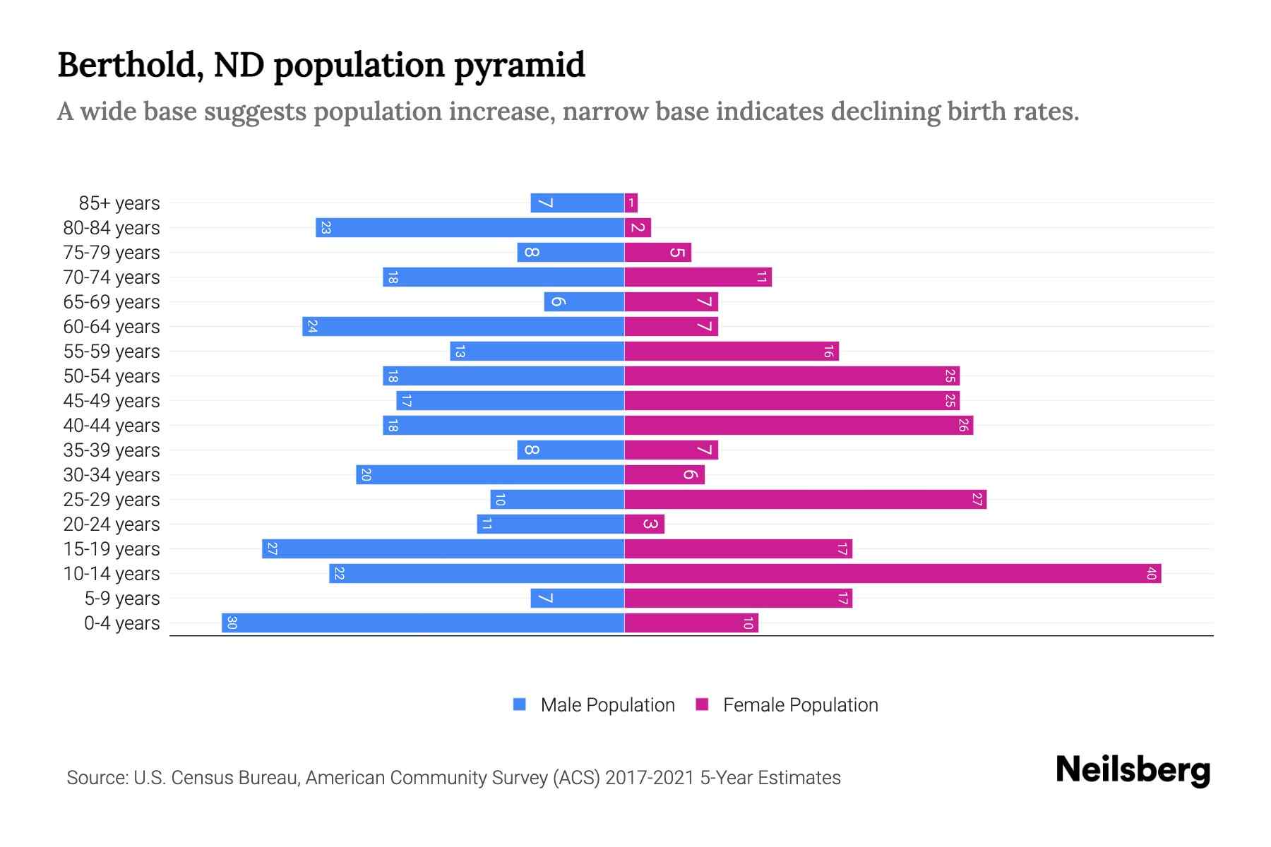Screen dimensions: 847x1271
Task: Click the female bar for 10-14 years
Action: (893, 574)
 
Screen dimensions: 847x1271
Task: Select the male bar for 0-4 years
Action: (423, 623)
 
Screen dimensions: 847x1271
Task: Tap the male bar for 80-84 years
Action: (470, 228)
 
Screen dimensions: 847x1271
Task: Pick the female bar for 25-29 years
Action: (805, 500)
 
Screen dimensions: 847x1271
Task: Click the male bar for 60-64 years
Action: (463, 327)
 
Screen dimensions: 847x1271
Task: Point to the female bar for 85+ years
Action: (631, 203)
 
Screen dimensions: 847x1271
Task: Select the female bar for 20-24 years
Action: (645, 524)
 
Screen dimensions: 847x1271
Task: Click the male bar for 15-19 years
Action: (443, 549)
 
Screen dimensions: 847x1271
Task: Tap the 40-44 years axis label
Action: (112, 426)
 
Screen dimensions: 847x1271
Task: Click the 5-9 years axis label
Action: (121, 599)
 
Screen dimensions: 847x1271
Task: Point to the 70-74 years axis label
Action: (112, 277)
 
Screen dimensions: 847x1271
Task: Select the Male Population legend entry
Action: (607, 705)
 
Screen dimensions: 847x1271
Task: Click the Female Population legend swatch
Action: (702, 704)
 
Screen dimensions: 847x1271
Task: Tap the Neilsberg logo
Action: (1133, 770)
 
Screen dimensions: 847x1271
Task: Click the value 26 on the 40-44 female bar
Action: (963, 426)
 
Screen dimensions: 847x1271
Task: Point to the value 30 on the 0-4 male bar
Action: (232, 623)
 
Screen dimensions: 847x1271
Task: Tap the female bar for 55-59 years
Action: (732, 352)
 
